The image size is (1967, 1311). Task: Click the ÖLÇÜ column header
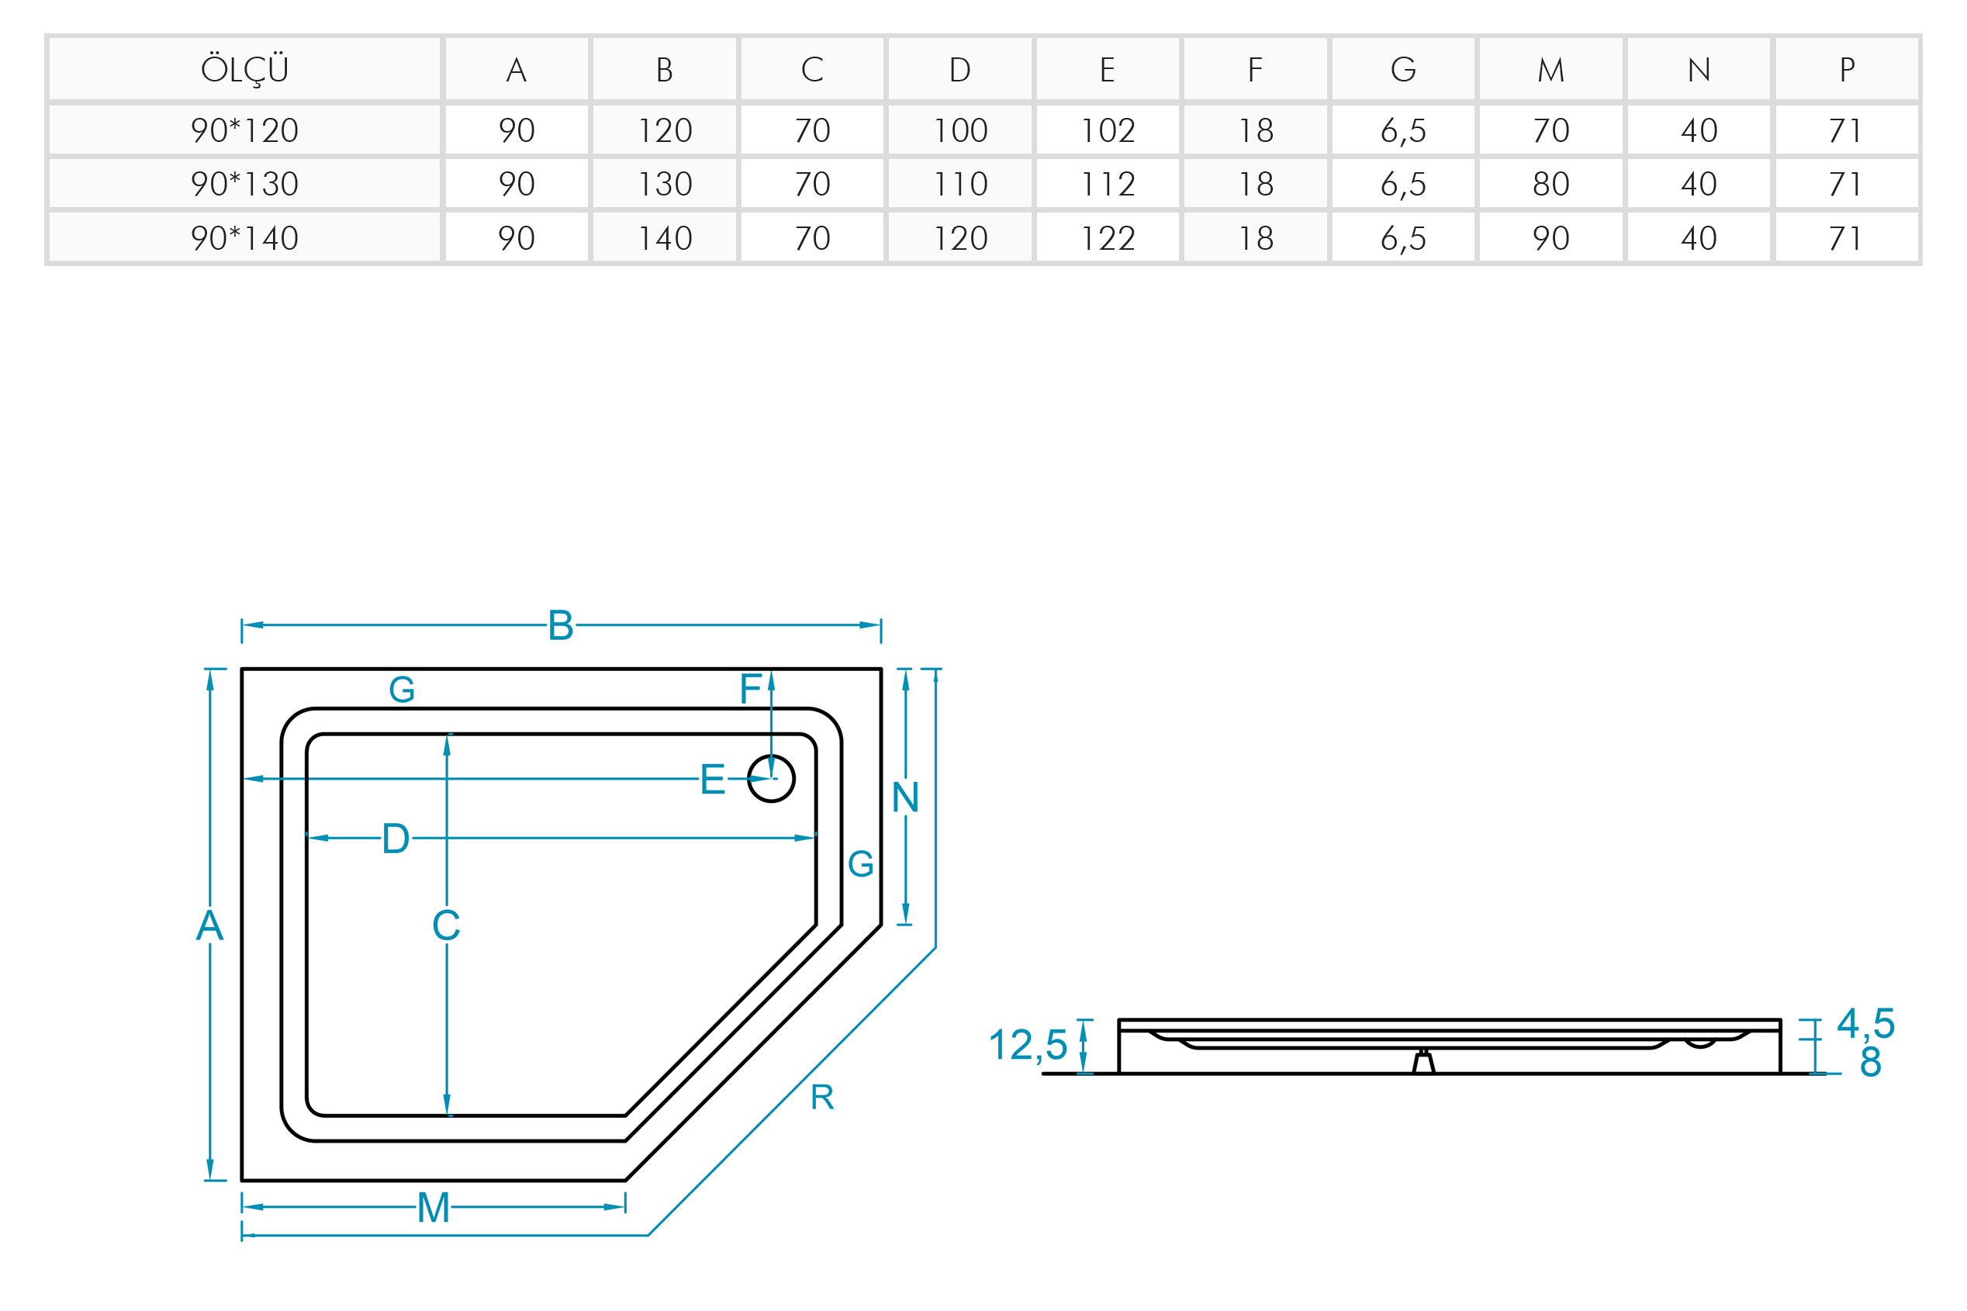tap(244, 69)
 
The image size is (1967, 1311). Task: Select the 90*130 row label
tap(244, 184)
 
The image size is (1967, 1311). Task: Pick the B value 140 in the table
tap(665, 238)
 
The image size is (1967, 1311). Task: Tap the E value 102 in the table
tap(1108, 130)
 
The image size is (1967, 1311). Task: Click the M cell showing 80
tap(1550, 184)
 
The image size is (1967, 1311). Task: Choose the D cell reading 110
tap(960, 184)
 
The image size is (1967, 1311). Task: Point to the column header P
tap(1847, 69)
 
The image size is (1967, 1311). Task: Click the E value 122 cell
tap(1108, 238)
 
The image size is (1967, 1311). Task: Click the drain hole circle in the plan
tap(771, 778)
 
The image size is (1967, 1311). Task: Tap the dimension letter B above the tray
tap(560, 625)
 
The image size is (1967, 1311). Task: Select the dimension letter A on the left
tap(210, 925)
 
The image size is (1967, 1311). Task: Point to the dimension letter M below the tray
tap(433, 1207)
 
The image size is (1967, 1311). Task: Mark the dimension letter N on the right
tap(905, 797)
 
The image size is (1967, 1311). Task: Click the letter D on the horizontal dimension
tap(396, 839)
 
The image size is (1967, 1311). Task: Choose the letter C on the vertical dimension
tap(447, 925)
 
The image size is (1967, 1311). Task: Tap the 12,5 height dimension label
tap(1028, 1045)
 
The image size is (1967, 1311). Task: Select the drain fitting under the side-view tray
tap(1423, 1062)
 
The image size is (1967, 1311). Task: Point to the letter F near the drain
tap(751, 689)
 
